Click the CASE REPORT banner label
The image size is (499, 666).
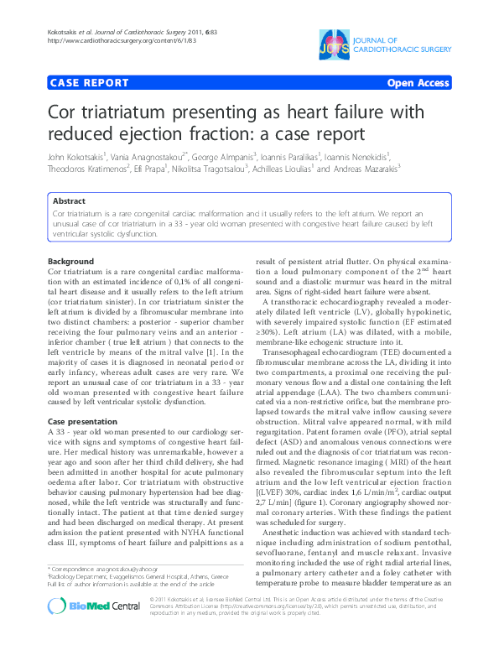point(90,83)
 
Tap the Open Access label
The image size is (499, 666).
point(418,83)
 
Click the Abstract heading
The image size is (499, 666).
point(69,201)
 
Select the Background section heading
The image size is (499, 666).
point(71,263)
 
